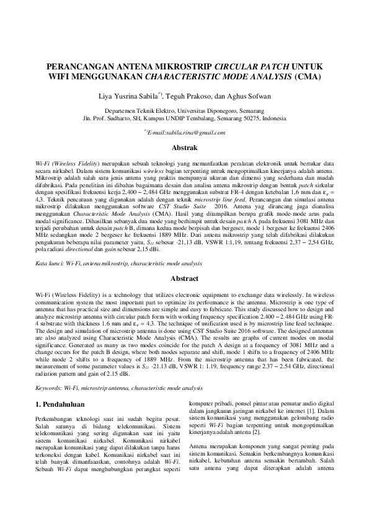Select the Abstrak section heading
[184, 149]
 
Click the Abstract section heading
[184, 279]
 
